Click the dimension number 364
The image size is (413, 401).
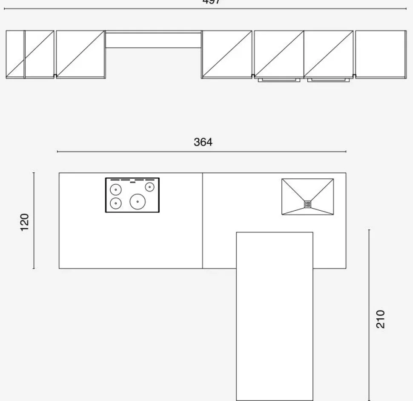[x=203, y=142]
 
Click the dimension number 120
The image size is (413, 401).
[x=25, y=221]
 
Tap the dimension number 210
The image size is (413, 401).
[x=381, y=318]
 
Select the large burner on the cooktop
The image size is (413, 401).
[x=138, y=201]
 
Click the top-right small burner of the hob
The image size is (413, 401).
[x=149, y=187]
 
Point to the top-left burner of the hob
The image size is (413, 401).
[x=115, y=189]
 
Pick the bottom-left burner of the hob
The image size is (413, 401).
[x=115, y=203]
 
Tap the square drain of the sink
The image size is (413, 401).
[x=307, y=204]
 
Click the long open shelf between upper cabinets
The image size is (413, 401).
[x=153, y=40]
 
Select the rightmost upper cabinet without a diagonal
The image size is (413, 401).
[x=381, y=54]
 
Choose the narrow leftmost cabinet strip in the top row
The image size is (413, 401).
[x=15, y=54]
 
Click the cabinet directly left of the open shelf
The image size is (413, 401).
[x=80, y=54]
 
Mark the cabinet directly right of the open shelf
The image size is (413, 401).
[x=227, y=54]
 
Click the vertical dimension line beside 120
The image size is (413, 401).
[x=34, y=221]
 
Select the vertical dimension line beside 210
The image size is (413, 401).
[x=369, y=315]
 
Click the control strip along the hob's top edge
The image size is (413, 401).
[x=132, y=180]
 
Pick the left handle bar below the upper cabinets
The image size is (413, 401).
[x=279, y=80]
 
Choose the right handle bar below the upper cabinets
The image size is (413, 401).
[x=329, y=80]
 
